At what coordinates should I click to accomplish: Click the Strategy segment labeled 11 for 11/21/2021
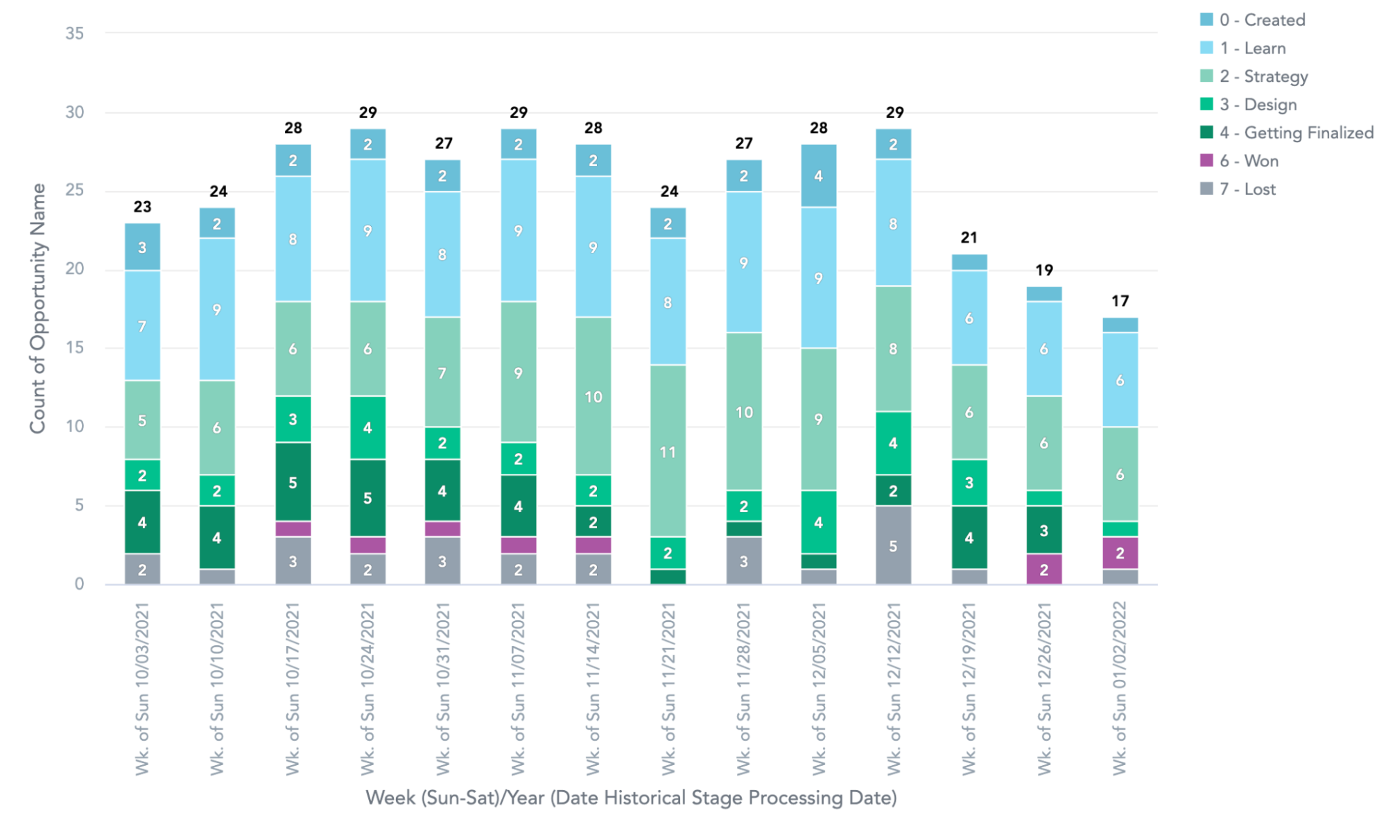(x=668, y=451)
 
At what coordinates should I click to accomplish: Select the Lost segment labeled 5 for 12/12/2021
(x=893, y=545)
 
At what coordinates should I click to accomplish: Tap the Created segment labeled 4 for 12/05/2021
(x=818, y=176)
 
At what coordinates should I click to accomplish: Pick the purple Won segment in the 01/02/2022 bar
(x=1120, y=553)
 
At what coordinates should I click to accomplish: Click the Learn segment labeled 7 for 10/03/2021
(x=142, y=325)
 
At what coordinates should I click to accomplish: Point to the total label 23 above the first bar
(x=142, y=207)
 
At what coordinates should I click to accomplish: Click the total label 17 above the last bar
(x=1120, y=301)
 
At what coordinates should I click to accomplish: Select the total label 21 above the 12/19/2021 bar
(x=969, y=238)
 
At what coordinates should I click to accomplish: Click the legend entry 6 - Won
(x=1249, y=161)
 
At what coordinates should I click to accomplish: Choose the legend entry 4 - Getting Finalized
(x=1295, y=132)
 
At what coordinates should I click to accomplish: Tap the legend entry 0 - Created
(x=1261, y=20)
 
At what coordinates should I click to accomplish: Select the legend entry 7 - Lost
(x=1247, y=189)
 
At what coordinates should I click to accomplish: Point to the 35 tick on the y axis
(x=75, y=33)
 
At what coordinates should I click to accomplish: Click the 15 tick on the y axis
(x=75, y=348)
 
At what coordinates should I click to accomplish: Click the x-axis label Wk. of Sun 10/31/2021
(x=442, y=688)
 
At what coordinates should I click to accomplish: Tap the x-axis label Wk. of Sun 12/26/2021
(x=1043, y=688)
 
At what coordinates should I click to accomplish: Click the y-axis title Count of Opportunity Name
(x=37, y=309)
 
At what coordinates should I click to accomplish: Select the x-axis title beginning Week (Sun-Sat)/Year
(x=631, y=798)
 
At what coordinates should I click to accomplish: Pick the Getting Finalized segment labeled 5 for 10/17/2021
(x=293, y=482)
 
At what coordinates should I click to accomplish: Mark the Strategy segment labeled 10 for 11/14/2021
(x=593, y=396)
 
